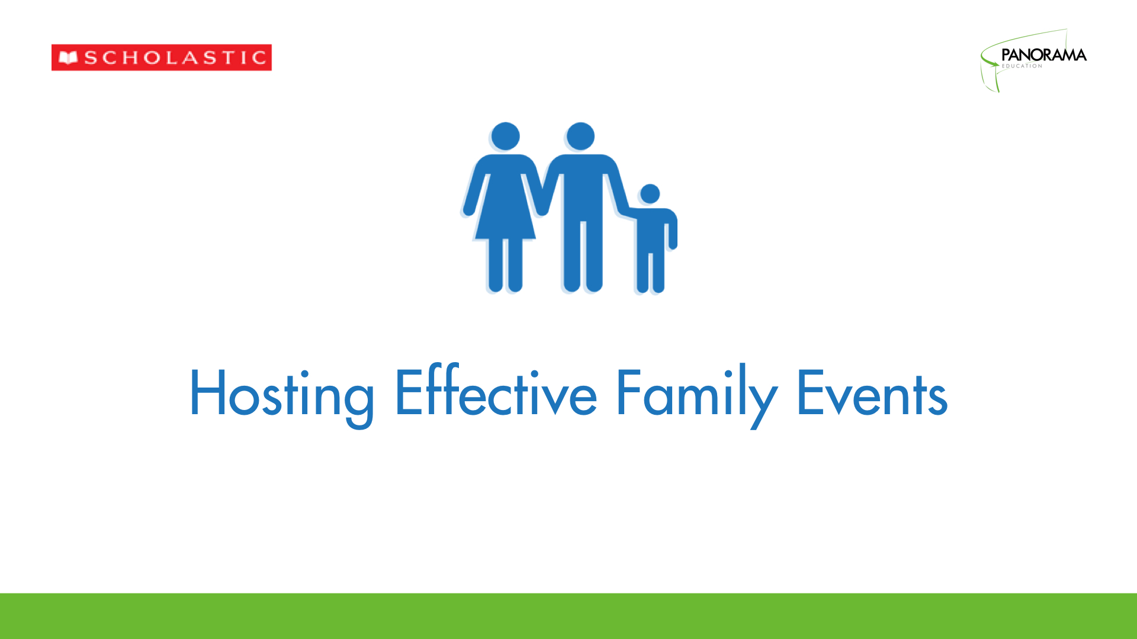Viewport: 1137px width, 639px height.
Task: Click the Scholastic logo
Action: (x=162, y=57)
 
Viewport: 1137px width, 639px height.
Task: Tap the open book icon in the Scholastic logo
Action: (x=69, y=58)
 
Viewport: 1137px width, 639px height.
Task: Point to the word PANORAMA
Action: (x=1044, y=55)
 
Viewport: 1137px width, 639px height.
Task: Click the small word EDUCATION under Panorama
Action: (x=1022, y=66)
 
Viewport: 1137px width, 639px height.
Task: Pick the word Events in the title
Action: (x=872, y=393)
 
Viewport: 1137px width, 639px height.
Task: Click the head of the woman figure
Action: (x=506, y=137)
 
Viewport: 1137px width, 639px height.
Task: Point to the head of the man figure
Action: (x=580, y=137)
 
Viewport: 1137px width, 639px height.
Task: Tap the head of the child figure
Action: (x=650, y=194)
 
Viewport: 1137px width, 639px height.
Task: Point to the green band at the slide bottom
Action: (x=568, y=616)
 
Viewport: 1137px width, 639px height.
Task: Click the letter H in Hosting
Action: (x=207, y=392)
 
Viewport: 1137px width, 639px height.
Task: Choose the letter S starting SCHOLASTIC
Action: (x=91, y=58)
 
